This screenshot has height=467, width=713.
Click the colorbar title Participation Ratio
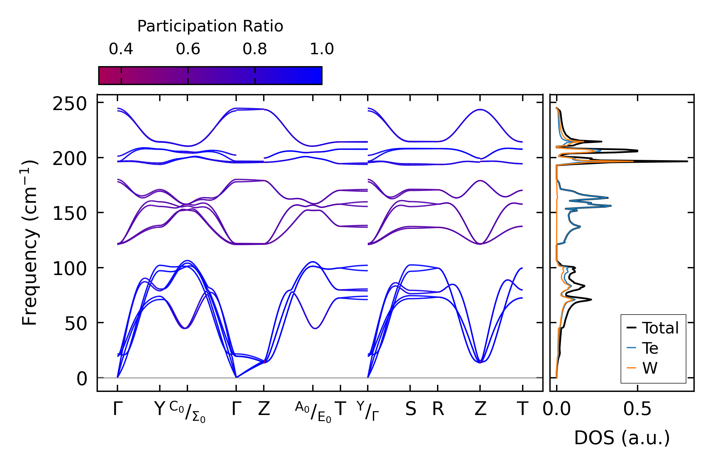pos(210,26)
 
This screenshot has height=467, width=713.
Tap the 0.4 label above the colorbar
pos(121,49)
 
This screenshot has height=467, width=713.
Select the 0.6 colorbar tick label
pos(188,49)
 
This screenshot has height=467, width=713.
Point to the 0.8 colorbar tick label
pos(255,49)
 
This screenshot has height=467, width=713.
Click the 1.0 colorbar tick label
pos(322,49)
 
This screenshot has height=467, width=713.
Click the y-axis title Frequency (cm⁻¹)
pos(30,243)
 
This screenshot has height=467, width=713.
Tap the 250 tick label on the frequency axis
pos(70,104)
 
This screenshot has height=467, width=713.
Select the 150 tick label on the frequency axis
pos(70,213)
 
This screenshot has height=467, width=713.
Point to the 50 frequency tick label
pos(76,324)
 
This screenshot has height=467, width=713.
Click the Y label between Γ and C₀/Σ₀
pos(159,409)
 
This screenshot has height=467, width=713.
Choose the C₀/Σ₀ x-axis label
pos(187,412)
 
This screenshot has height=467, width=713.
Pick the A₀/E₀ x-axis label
pos(313,412)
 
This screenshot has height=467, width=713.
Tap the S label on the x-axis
pos(411,409)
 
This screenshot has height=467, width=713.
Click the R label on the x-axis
pos(438,409)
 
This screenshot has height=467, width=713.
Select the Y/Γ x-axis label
pos(368,411)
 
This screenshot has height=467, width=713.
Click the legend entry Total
pos(660,328)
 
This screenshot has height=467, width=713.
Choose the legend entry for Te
pos(650,348)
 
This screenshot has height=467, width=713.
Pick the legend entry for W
pos(650,368)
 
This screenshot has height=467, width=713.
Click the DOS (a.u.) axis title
pos(622,438)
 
